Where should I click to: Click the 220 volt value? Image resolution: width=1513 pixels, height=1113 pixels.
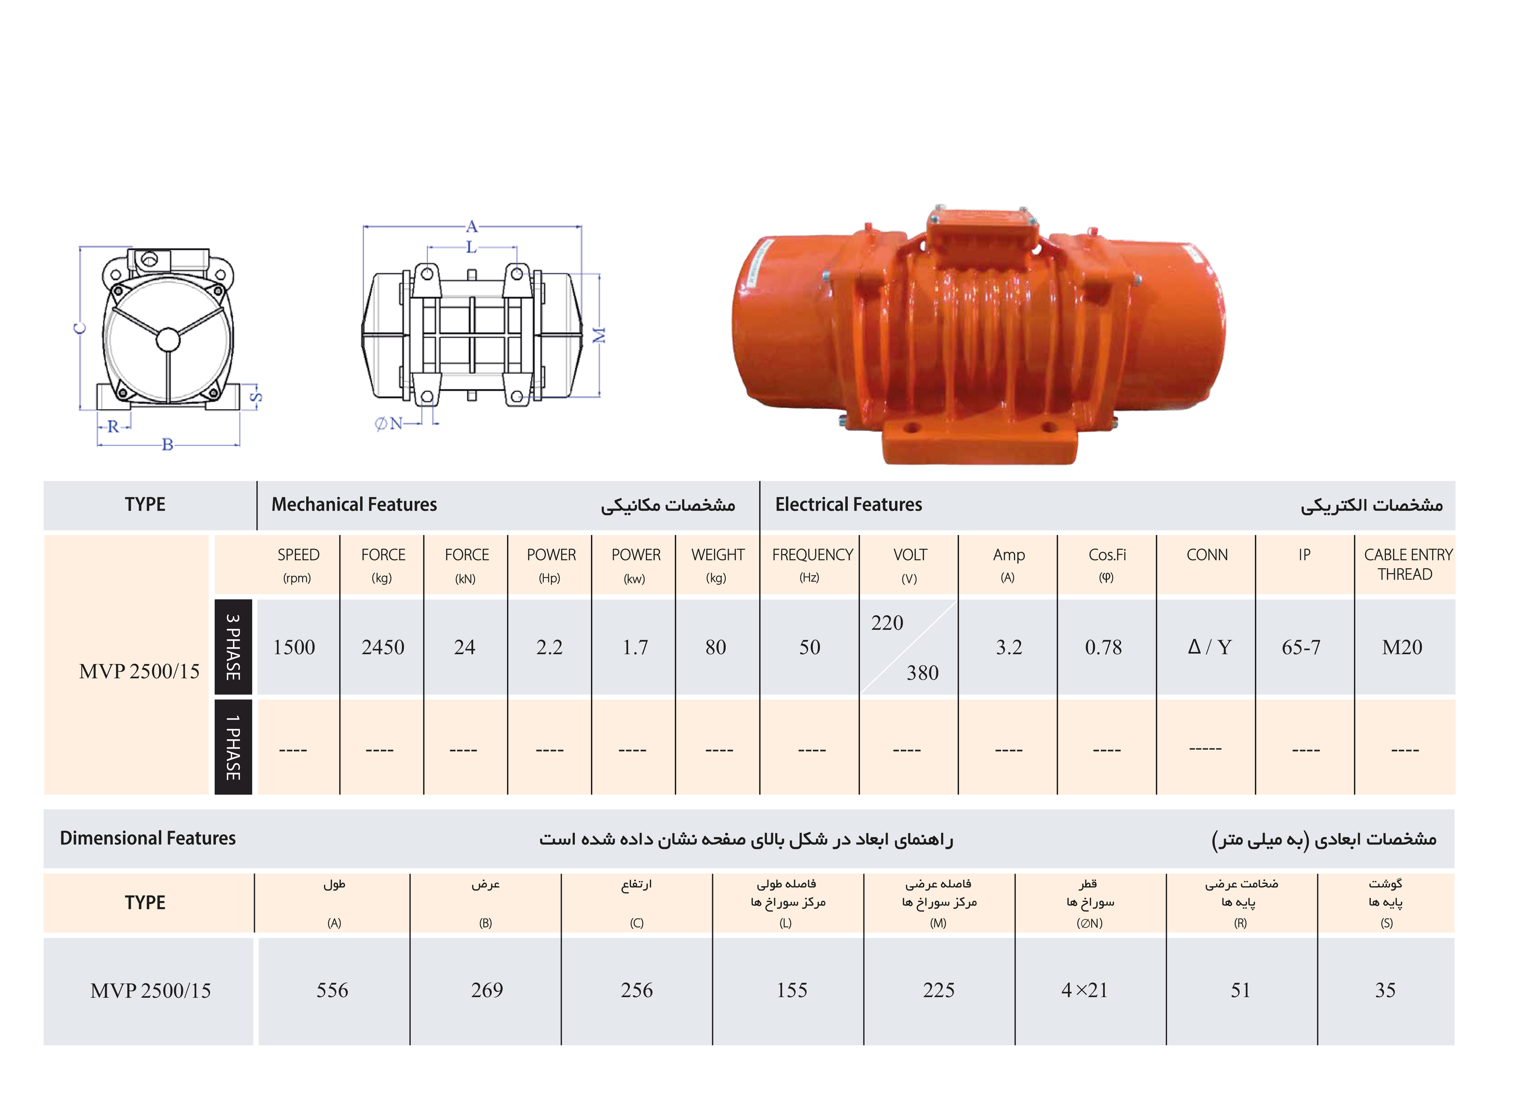887,622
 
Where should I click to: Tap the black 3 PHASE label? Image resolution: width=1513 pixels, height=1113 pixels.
233,647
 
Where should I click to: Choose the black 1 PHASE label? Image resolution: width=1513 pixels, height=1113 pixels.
233,747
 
